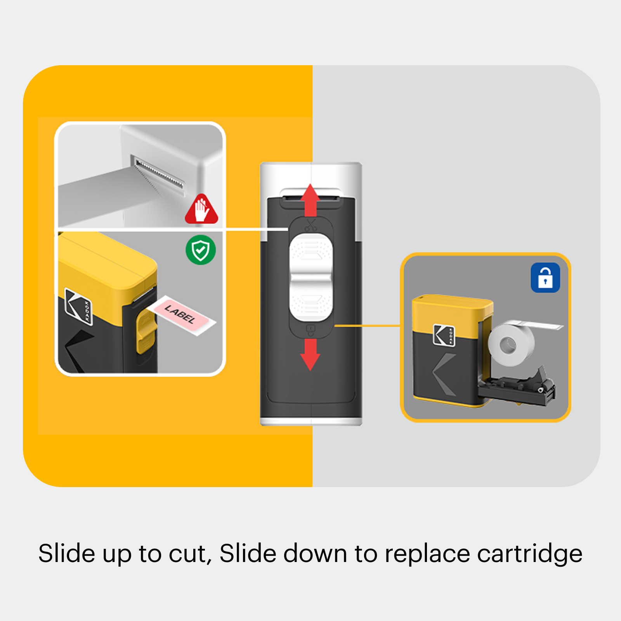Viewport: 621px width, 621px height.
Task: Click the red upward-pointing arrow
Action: [310, 200]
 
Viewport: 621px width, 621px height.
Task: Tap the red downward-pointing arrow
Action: [310, 354]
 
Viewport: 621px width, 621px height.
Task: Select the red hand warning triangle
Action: [201, 209]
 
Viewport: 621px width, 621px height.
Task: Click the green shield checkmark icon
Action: [201, 250]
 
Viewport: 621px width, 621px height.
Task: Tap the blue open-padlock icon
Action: [545, 278]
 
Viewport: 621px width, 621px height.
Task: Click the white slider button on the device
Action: [311, 277]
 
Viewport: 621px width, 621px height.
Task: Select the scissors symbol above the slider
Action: [310, 226]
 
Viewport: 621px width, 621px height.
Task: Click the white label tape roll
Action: [511, 344]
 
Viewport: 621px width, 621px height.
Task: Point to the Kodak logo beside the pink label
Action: [78, 306]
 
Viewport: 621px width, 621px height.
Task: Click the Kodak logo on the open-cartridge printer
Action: [444, 335]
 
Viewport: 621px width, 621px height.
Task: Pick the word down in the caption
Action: [315, 553]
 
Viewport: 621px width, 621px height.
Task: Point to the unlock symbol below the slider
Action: [311, 331]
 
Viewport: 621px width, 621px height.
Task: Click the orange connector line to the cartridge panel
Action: [367, 326]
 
